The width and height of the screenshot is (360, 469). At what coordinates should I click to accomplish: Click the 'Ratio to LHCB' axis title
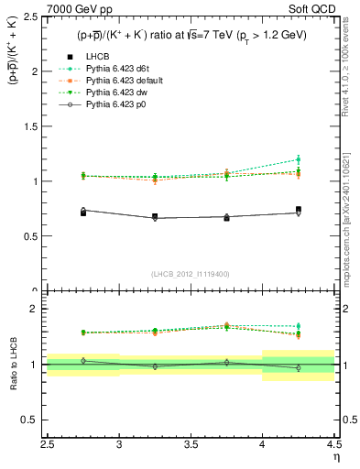(x=13, y=364)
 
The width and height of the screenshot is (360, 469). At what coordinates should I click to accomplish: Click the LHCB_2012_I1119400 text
(x=191, y=273)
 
